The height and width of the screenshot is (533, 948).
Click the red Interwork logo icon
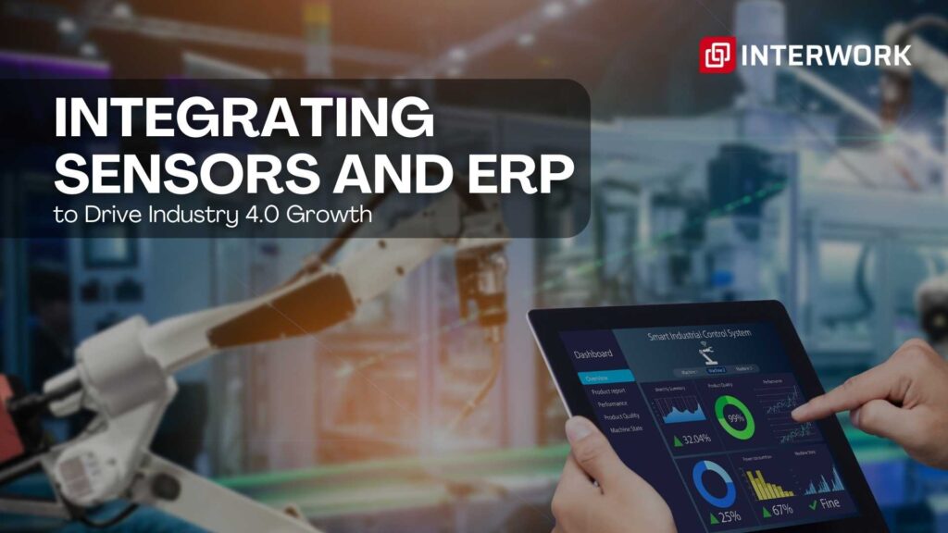(717, 54)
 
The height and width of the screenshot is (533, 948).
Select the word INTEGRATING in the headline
(243, 118)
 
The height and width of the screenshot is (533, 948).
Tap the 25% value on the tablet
(730, 515)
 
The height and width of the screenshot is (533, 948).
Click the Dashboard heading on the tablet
(593, 353)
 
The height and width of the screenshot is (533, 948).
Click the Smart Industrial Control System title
(700, 334)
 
